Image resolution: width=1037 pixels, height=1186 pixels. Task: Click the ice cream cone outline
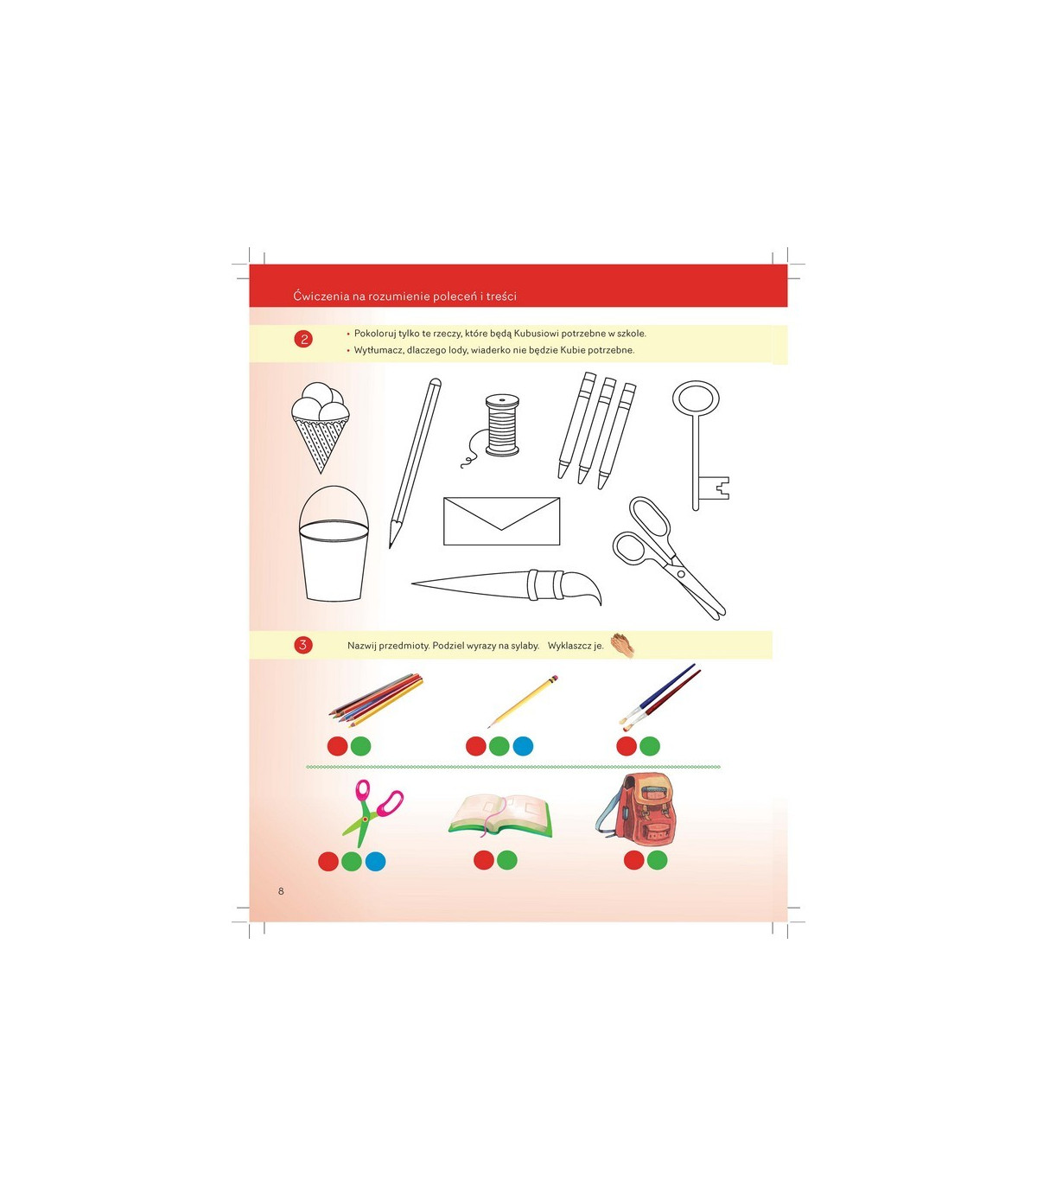(320, 428)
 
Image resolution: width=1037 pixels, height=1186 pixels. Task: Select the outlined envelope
(502, 521)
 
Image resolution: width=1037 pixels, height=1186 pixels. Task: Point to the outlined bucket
(334, 544)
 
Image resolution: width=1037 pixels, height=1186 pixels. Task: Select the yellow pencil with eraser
(523, 701)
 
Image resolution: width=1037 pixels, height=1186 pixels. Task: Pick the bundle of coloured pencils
(376, 699)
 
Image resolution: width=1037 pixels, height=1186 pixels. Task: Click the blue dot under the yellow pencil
(523, 746)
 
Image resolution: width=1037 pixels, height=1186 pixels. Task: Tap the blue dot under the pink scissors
(375, 861)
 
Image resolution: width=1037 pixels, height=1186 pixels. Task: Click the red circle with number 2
(303, 339)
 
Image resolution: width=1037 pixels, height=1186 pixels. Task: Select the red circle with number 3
(303, 645)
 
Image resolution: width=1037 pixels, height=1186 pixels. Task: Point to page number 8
(281, 891)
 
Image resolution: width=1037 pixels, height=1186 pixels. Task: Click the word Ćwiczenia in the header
(321, 296)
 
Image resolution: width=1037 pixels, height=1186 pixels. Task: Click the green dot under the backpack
(657, 860)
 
